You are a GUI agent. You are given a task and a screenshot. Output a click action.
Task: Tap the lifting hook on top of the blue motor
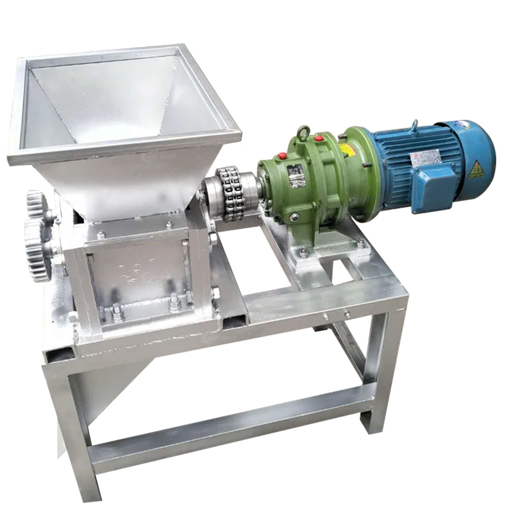point(415,124)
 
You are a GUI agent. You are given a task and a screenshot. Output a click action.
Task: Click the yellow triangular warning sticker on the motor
point(476,170)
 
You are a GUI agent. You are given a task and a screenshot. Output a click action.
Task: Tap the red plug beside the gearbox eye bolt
point(319,138)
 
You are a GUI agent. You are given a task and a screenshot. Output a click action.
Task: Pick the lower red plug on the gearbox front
point(282,156)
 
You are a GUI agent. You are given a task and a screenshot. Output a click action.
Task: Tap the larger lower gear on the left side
point(37,250)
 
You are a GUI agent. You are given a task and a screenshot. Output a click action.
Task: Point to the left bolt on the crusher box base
point(117,312)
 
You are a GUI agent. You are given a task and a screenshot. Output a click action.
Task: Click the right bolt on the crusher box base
point(174,302)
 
